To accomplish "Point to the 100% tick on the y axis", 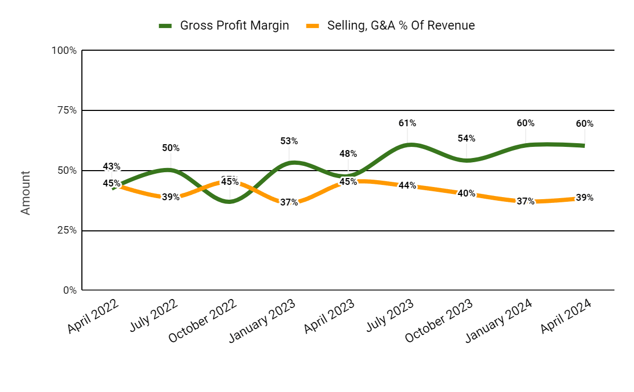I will tap(64, 51).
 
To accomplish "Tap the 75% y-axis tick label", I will tap(66, 110).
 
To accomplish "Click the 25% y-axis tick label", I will tap(66, 231).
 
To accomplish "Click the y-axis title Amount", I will tap(25, 192).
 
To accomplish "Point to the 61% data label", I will tap(407, 123).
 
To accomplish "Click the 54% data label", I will tap(467, 138).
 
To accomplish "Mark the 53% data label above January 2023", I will tap(289, 141).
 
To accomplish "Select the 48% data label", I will tap(348, 154).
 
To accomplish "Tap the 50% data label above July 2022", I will tap(171, 148).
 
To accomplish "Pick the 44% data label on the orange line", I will tap(407, 185).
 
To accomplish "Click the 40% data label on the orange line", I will tap(467, 193).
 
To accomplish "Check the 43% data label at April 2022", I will tap(111, 167).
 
